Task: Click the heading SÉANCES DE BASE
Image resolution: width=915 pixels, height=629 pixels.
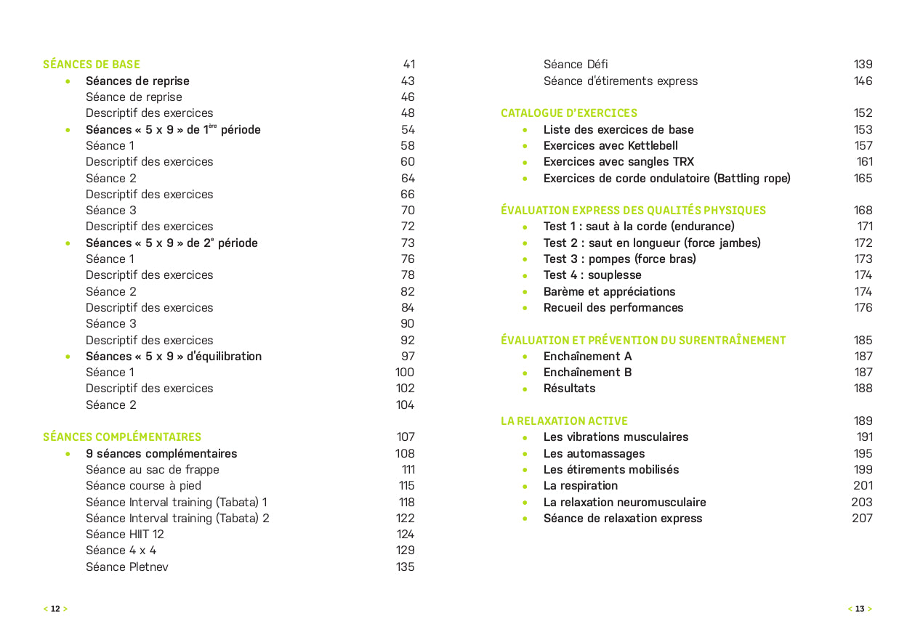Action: point(92,65)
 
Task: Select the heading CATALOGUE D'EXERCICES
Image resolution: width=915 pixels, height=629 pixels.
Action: point(569,113)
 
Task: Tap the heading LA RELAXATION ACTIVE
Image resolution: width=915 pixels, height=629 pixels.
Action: point(564,421)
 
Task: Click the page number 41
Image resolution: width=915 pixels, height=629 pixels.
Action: point(408,65)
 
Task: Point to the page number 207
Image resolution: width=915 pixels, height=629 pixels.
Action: point(862,519)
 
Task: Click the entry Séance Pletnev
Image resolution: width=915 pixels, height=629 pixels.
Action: point(127,567)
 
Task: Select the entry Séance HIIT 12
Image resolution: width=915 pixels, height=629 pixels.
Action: point(125,535)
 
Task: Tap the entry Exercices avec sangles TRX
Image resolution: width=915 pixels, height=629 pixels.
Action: point(618,162)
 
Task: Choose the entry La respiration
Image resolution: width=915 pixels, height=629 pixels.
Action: point(581,486)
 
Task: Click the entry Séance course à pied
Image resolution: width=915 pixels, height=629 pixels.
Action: point(143,486)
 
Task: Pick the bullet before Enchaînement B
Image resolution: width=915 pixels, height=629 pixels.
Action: point(525,373)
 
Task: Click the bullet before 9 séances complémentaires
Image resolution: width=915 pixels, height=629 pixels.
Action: point(68,454)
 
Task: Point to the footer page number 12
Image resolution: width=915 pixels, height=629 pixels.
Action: point(55,609)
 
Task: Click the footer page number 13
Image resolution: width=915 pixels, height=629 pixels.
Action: point(860,609)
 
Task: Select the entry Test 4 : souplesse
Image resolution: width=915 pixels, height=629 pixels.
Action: point(592,275)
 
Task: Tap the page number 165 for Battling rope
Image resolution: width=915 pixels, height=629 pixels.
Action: point(863,179)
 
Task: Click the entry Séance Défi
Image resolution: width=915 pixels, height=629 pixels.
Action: point(576,65)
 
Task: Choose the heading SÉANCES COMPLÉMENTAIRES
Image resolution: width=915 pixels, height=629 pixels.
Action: point(122,437)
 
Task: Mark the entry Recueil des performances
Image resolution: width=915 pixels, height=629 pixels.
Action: point(613,308)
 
